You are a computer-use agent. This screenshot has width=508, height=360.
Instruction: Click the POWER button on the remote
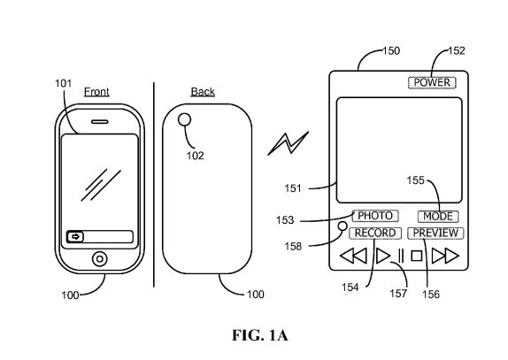click(432, 82)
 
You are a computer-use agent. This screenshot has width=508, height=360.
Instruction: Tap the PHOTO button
click(375, 216)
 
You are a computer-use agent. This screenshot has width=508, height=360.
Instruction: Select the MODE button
click(438, 216)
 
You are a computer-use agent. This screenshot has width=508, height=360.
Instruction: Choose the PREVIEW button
click(435, 234)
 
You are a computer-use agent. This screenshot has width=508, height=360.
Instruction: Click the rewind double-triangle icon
click(353, 256)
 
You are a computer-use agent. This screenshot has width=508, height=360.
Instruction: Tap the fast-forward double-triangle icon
click(445, 256)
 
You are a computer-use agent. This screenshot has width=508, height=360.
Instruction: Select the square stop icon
click(417, 256)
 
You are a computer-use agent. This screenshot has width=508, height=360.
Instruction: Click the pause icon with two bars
click(401, 256)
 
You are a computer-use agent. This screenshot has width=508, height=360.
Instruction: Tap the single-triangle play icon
click(383, 256)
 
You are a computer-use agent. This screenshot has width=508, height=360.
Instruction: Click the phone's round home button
click(100, 259)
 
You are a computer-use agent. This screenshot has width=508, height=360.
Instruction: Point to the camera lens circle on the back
click(184, 119)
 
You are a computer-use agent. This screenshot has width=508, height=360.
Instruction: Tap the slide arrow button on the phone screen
click(75, 237)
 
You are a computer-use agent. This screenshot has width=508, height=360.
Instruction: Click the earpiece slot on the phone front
click(100, 122)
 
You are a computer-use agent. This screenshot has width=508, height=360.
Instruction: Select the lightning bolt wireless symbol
click(288, 143)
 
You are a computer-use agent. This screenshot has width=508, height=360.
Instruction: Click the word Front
click(96, 92)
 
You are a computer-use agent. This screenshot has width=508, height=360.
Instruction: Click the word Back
click(203, 92)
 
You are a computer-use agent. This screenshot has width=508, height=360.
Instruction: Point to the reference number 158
click(293, 247)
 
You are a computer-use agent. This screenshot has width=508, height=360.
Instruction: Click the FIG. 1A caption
click(260, 335)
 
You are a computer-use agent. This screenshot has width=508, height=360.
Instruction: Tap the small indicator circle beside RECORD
click(343, 226)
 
